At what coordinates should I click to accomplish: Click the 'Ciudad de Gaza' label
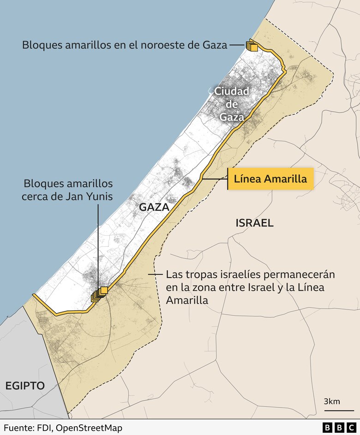[231, 104]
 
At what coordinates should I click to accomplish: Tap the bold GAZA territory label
[154, 208]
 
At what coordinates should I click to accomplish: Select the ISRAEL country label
[254, 223]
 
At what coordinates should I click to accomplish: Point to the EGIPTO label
[25, 386]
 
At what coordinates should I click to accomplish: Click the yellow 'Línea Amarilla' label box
[270, 179]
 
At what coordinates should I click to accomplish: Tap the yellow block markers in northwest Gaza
[252, 46]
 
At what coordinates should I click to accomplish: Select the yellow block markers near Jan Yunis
[99, 293]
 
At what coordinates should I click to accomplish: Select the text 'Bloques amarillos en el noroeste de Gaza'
[125, 45]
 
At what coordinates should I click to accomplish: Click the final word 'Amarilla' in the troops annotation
[186, 300]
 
